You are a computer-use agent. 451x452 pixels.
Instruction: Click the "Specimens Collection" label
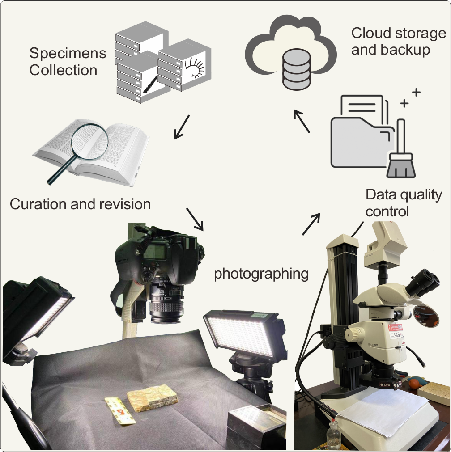click(x=67, y=62)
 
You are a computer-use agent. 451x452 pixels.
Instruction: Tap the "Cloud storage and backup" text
click(x=398, y=41)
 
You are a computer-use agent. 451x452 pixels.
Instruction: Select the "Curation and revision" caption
click(x=80, y=204)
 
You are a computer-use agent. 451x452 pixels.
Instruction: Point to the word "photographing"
click(x=261, y=273)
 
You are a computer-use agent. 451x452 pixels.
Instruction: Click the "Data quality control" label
click(x=404, y=203)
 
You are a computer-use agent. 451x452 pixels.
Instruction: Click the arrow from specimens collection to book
click(x=182, y=127)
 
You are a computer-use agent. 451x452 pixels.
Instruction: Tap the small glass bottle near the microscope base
click(x=333, y=436)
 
